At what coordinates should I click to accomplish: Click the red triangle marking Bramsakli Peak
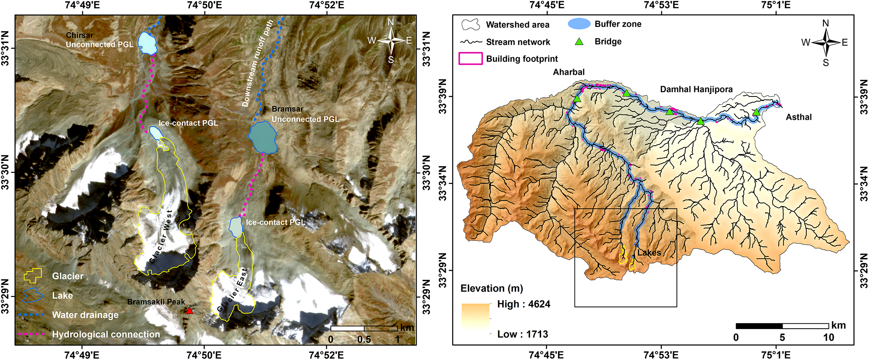point(189,310)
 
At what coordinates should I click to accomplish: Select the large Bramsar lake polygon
point(263,138)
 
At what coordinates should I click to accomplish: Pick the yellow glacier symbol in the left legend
point(33,276)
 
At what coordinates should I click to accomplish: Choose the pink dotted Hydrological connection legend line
point(32,334)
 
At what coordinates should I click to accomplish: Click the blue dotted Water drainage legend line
point(32,314)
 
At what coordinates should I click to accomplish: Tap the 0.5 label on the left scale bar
point(364,339)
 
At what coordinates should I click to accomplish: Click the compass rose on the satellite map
point(391,40)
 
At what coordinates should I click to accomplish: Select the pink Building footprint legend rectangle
point(470,58)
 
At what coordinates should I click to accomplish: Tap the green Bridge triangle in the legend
point(579,41)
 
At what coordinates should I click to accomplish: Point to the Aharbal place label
point(569,72)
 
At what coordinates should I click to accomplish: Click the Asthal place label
point(798,117)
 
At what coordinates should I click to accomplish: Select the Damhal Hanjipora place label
point(696,89)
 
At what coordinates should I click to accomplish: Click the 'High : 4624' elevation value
point(523,304)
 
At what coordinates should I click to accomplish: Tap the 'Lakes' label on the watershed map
point(649,253)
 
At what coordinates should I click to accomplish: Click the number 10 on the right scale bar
point(828,337)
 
